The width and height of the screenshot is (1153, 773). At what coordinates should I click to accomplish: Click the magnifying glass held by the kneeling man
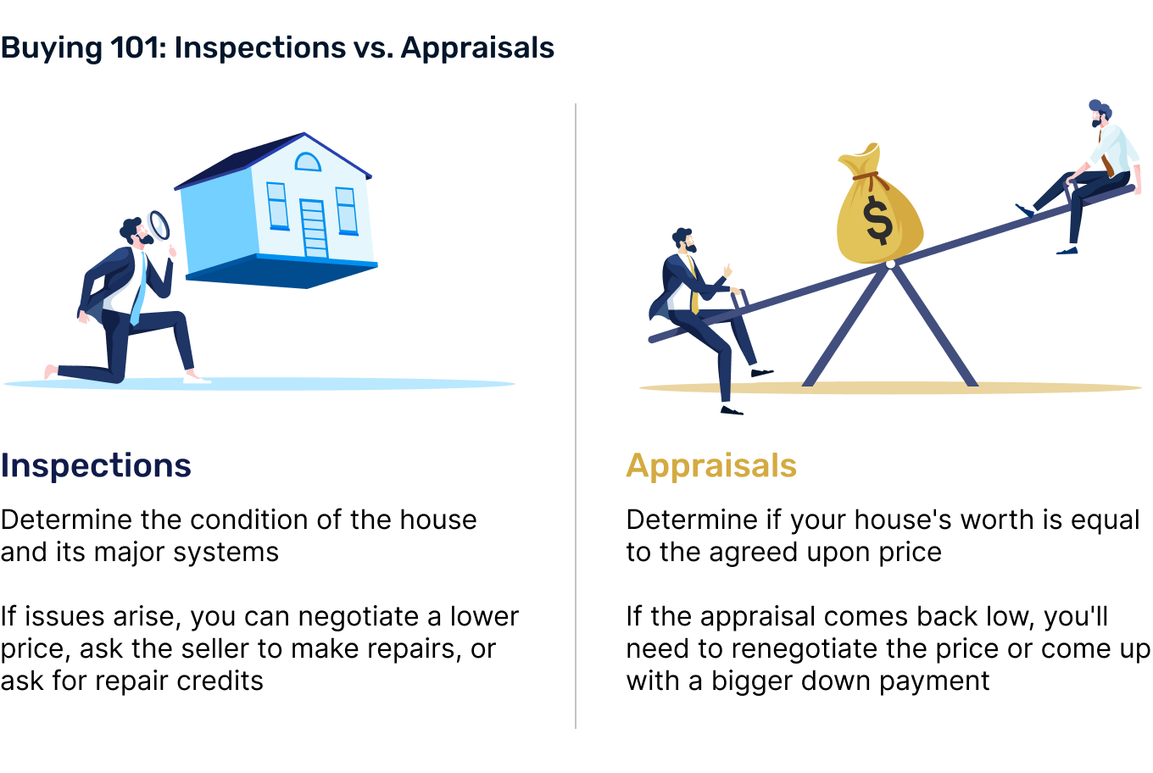click(x=159, y=225)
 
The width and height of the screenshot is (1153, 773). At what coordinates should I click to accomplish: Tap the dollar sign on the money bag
click(x=878, y=220)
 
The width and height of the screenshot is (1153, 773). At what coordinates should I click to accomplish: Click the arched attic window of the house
click(x=308, y=162)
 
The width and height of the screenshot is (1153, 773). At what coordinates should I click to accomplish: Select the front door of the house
click(x=314, y=229)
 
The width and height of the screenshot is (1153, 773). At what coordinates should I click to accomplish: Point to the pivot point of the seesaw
click(x=890, y=264)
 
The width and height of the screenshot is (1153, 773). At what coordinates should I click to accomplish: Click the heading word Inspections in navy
click(x=96, y=466)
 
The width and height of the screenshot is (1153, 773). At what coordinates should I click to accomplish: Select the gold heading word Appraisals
click(x=711, y=466)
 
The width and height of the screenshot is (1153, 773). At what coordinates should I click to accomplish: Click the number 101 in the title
click(x=136, y=47)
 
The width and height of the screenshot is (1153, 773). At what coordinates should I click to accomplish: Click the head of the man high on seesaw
click(x=1100, y=114)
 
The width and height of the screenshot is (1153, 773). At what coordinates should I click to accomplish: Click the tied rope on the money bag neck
click(x=871, y=178)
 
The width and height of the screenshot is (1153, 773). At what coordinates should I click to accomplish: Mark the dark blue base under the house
click(x=282, y=271)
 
